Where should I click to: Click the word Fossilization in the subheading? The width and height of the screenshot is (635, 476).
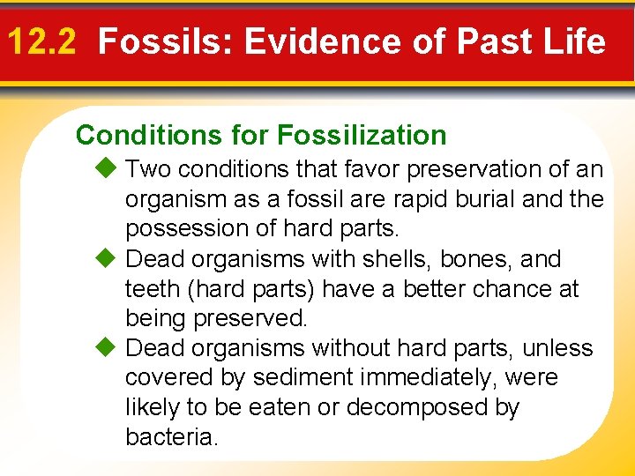point(362,135)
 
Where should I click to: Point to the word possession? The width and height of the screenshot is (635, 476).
point(187,229)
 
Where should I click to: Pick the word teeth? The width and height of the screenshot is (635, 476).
point(153,289)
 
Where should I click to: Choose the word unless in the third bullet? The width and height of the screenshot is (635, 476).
point(556,348)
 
